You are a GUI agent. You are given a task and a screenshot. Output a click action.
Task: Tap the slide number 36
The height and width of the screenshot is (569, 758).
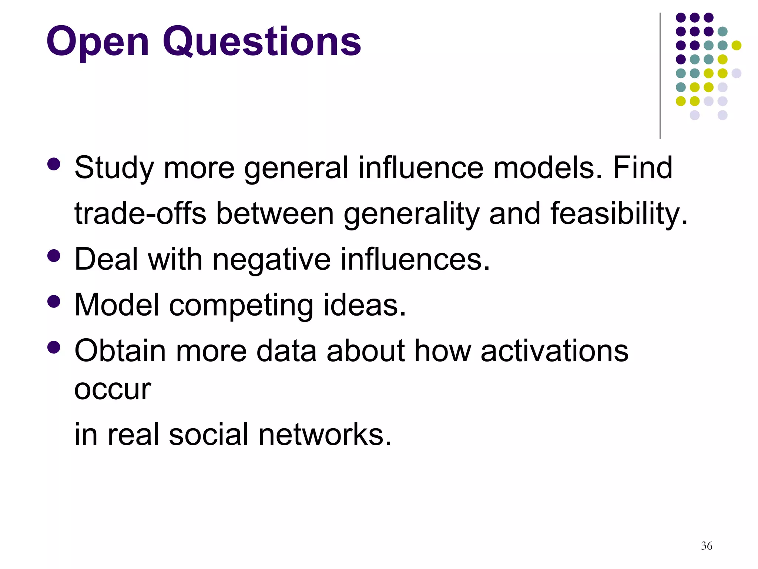coord(706,546)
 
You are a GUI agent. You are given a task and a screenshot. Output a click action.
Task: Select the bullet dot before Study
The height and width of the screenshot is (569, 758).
coord(54,164)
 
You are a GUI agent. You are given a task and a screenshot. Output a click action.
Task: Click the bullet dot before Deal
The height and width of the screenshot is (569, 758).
coord(54,256)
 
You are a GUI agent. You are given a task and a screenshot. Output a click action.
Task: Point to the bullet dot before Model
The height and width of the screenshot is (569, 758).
coord(54,301)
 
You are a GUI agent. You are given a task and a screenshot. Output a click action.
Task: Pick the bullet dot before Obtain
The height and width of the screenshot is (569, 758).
coord(54,347)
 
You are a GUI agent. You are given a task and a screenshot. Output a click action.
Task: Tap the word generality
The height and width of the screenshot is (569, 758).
coord(411,214)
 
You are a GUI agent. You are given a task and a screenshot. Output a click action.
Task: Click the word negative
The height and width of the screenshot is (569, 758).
coord(272,259)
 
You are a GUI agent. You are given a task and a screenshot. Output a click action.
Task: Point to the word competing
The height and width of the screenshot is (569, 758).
coord(241,306)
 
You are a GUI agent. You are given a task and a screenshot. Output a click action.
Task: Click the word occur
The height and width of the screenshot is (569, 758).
coord(113,390)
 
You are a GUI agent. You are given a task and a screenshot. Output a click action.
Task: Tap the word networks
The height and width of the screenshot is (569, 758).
coord(325,434)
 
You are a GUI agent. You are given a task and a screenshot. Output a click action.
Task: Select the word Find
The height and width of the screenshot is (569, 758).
coord(643,167)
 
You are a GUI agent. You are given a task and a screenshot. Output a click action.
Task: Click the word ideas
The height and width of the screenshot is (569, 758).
coord(365,305)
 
